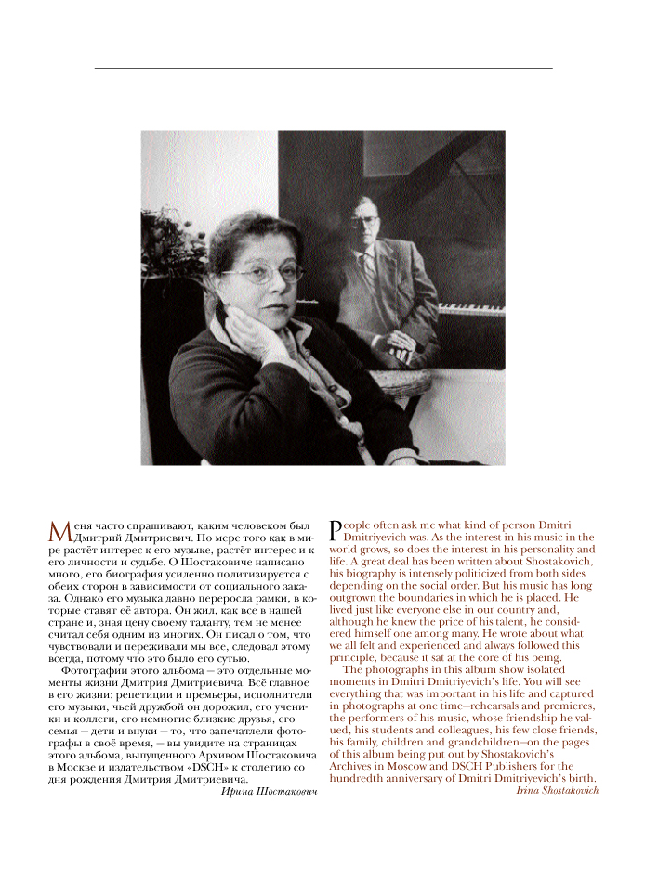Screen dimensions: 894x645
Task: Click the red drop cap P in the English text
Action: (x=336, y=528)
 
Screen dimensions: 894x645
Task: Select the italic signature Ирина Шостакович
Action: (x=270, y=792)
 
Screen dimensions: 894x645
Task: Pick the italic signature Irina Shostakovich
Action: (x=558, y=790)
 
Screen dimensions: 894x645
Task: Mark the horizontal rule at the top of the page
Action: (x=322, y=68)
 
